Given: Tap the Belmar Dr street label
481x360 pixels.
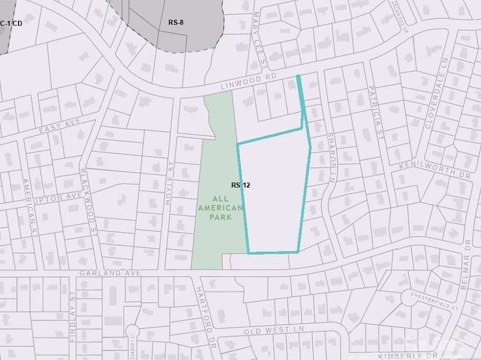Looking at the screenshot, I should pyautogui.click(x=466, y=271).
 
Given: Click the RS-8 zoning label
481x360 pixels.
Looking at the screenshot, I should pyautogui.click(x=176, y=22).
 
